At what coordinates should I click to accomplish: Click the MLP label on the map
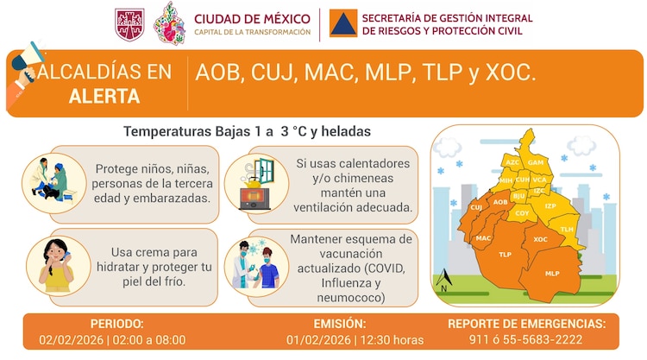[552, 273]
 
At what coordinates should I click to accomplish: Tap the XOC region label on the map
[541, 239]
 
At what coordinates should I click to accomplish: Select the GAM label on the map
[535, 162]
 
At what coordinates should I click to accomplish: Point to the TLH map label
[567, 229]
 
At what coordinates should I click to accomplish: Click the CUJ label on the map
[476, 207]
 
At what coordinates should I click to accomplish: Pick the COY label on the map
[522, 212]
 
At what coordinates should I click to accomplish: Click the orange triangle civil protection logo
[342, 24]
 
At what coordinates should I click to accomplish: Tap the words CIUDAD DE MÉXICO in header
[251, 18]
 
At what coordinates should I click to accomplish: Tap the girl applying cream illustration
[53, 263]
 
